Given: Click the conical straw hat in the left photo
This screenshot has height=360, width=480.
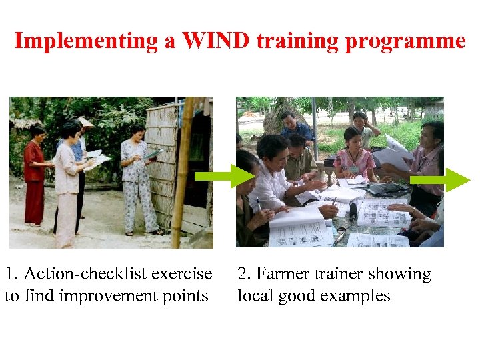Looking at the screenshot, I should pos(85,122).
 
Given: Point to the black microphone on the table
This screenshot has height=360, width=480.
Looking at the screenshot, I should pos(353,211).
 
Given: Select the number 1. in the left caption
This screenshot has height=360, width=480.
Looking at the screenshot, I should pos(12,274).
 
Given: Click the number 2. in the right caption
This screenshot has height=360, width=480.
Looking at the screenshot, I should pos(245,274).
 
